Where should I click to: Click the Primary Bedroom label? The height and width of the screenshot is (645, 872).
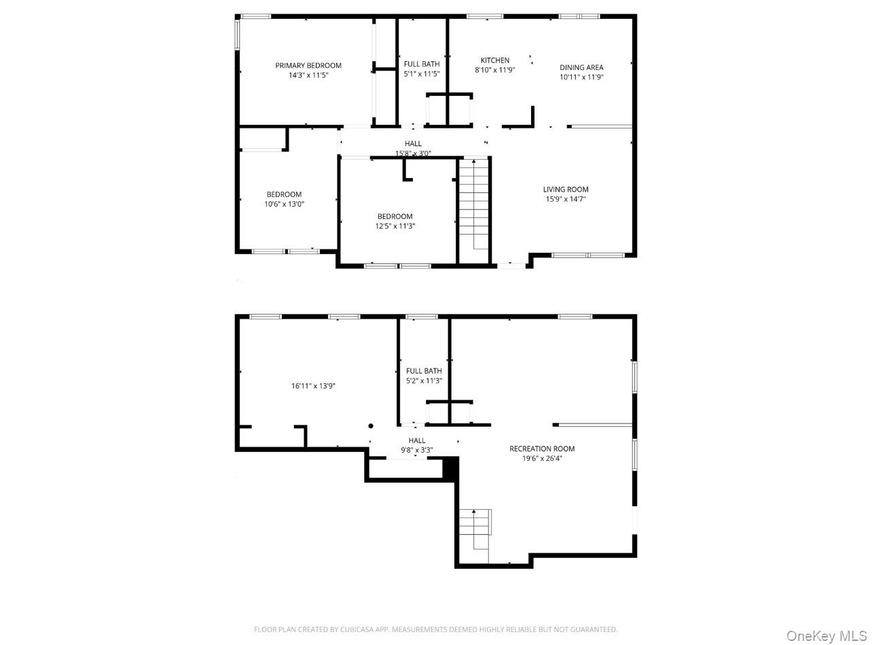click(x=308, y=66)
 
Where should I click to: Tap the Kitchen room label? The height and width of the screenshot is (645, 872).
click(x=494, y=60)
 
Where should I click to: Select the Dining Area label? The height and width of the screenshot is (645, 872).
click(x=581, y=67)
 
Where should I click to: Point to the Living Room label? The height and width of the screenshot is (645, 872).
click(x=565, y=190)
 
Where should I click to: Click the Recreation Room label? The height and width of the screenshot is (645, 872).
click(x=542, y=449)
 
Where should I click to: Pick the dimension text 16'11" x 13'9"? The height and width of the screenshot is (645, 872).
click(x=313, y=386)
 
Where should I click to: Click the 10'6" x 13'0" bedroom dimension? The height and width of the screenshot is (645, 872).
click(x=284, y=204)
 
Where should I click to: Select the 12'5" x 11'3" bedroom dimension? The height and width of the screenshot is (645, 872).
click(x=395, y=226)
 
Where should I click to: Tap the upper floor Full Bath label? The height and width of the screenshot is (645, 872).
click(x=422, y=64)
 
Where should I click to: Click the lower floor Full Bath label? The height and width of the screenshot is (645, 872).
click(x=424, y=370)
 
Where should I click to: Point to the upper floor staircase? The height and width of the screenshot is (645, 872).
click(x=473, y=211)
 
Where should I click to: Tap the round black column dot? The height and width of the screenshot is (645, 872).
click(x=370, y=425)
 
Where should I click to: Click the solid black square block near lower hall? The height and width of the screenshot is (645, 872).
click(x=450, y=469)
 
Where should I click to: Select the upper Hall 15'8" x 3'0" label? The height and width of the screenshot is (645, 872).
click(x=413, y=148)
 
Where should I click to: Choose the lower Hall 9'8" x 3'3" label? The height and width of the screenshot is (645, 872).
click(x=417, y=445)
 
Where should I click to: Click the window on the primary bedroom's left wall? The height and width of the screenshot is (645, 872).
click(x=237, y=35)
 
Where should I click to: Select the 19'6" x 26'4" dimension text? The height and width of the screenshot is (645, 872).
click(x=542, y=458)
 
